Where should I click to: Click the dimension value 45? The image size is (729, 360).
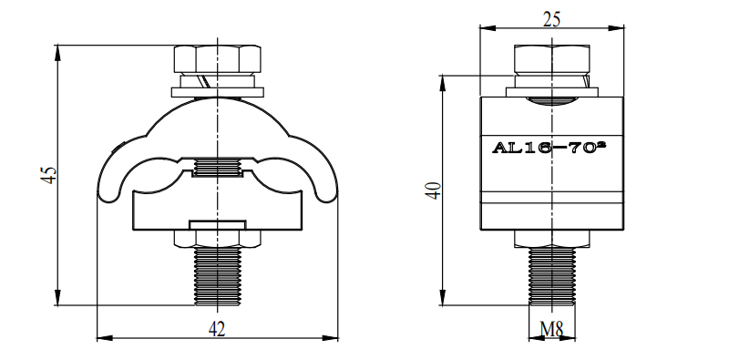[50, 175]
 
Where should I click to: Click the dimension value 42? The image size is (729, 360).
[217, 329]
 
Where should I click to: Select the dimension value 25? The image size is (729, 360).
[551, 19]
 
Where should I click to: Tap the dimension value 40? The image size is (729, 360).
[434, 190]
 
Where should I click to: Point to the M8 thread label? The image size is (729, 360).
[552, 329]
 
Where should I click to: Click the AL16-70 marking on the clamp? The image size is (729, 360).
[549, 148]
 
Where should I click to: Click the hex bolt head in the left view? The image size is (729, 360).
[217, 58]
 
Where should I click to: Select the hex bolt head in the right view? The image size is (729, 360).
[552, 58]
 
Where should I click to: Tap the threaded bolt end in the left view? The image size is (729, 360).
[217, 276]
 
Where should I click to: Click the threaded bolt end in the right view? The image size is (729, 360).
[552, 276]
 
